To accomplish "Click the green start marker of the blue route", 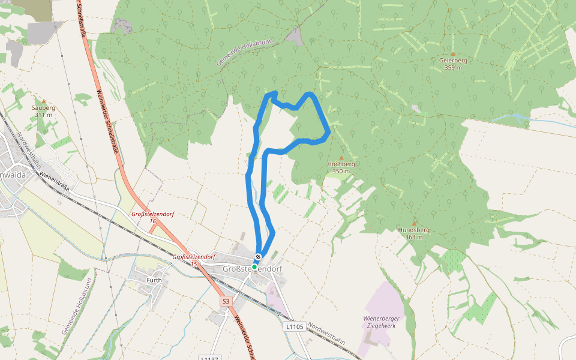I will (x=254, y=266).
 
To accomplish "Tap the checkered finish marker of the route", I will (x=258, y=257).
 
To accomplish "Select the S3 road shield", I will (x=225, y=301).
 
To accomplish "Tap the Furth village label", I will (x=154, y=280).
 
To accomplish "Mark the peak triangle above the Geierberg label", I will (x=453, y=53).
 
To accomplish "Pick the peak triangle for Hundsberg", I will (x=413, y=223).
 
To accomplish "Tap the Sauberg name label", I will (x=43, y=107).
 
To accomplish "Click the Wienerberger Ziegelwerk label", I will (x=381, y=321).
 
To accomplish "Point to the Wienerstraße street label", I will (x=56, y=182).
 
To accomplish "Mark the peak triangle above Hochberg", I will (x=341, y=157).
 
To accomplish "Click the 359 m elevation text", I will (x=453, y=68).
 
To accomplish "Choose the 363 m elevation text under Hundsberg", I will (x=413, y=237).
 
